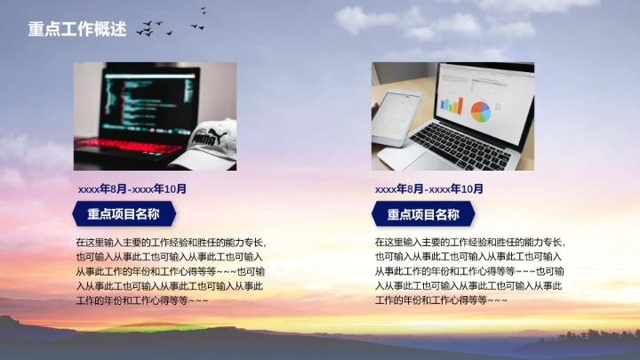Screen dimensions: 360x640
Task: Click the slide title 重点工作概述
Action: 76,29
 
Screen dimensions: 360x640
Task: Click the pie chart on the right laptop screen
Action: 480,111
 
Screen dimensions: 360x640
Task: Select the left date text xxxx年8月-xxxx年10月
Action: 132,188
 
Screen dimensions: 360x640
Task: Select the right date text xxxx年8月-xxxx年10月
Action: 429,188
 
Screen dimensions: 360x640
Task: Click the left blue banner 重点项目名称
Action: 124,213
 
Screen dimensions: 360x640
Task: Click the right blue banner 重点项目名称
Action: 423,214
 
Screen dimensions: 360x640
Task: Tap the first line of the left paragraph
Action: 171,242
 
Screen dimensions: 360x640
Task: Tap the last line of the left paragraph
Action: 142,300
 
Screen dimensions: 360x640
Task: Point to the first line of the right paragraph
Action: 469,242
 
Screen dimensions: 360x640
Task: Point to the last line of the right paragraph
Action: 441,300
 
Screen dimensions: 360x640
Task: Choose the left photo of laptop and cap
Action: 155,116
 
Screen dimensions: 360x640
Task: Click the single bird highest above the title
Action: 204,11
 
